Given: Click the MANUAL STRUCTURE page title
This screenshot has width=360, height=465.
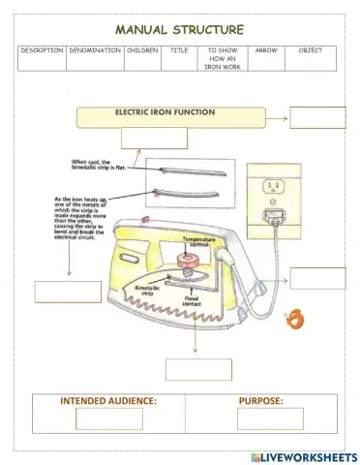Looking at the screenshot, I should (x=179, y=29).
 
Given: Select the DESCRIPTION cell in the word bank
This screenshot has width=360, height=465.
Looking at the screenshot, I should (x=42, y=50).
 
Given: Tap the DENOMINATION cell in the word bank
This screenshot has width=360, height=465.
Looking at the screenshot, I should (x=95, y=50).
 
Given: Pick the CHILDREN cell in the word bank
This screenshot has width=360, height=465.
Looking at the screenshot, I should (x=142, y=50).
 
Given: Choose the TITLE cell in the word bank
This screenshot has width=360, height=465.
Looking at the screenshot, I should (x=179, y=50).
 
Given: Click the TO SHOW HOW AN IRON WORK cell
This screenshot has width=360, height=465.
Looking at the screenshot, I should (x=222, y=58).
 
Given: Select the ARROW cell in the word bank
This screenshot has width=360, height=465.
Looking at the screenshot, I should (x=265, y=50).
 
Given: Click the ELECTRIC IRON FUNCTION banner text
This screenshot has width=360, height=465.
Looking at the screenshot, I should (x=165, y=112).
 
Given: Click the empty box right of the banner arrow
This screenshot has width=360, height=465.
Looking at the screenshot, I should (x=316, y=118).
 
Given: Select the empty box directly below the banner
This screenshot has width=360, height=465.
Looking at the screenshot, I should (x=154, y=138).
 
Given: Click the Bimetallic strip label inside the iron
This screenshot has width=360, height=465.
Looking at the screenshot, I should (x=146, y=290).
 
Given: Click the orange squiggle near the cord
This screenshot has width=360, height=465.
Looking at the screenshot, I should (x=297, y=318).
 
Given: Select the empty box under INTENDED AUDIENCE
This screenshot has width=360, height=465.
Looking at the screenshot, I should (x=108, y=418).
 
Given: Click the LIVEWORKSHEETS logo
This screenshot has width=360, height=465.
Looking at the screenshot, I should (x=303, y=455).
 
